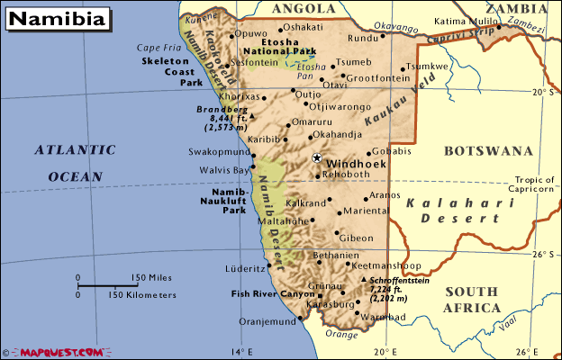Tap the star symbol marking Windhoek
pyautogui.click(x=316, y=158)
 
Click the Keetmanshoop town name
pyautogui.click(x=385, y=266)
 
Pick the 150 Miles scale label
pyautogui.click(x=154, y=277)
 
